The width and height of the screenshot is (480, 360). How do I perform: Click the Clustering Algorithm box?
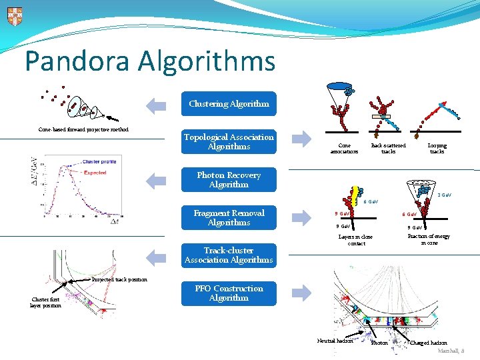[x=229, y=104]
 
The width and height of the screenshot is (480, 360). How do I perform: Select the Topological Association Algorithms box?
[x=229, y=142]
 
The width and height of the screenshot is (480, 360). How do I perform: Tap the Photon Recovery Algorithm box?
[x=229, y=180]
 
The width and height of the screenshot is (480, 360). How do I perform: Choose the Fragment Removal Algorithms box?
[x=229, y=218]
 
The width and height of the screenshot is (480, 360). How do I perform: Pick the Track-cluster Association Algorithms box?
[x=229, y=255]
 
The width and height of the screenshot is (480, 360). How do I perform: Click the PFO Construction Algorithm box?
[x=229, y=293]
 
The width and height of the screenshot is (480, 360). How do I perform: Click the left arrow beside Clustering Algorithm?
[x=156, y=104]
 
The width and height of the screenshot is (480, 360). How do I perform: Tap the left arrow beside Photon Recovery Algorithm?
[x=156, y=179]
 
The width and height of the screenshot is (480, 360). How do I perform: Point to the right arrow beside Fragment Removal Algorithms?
[x=302, y=217]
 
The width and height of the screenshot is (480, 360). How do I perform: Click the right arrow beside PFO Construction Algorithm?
[x=302, y=291]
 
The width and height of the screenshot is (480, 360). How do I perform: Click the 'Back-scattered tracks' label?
[x=388, y=148]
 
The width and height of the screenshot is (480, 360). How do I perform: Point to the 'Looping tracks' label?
[x=437, y=148]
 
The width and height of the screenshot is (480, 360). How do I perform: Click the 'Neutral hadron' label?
[x=335, y=341]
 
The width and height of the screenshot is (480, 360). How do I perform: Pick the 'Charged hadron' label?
[x=429, y=343]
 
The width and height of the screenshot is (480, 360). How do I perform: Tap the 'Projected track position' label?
[x=119, y=279]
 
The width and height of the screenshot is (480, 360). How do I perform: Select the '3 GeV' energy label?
[x=444, y=195]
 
